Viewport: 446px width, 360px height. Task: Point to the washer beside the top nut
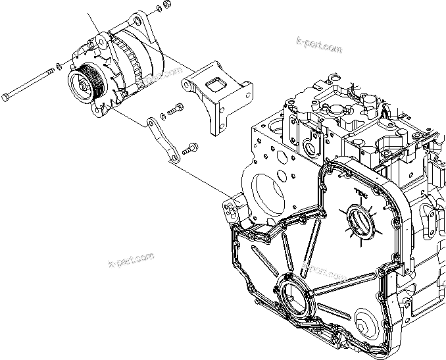point(156,11)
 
